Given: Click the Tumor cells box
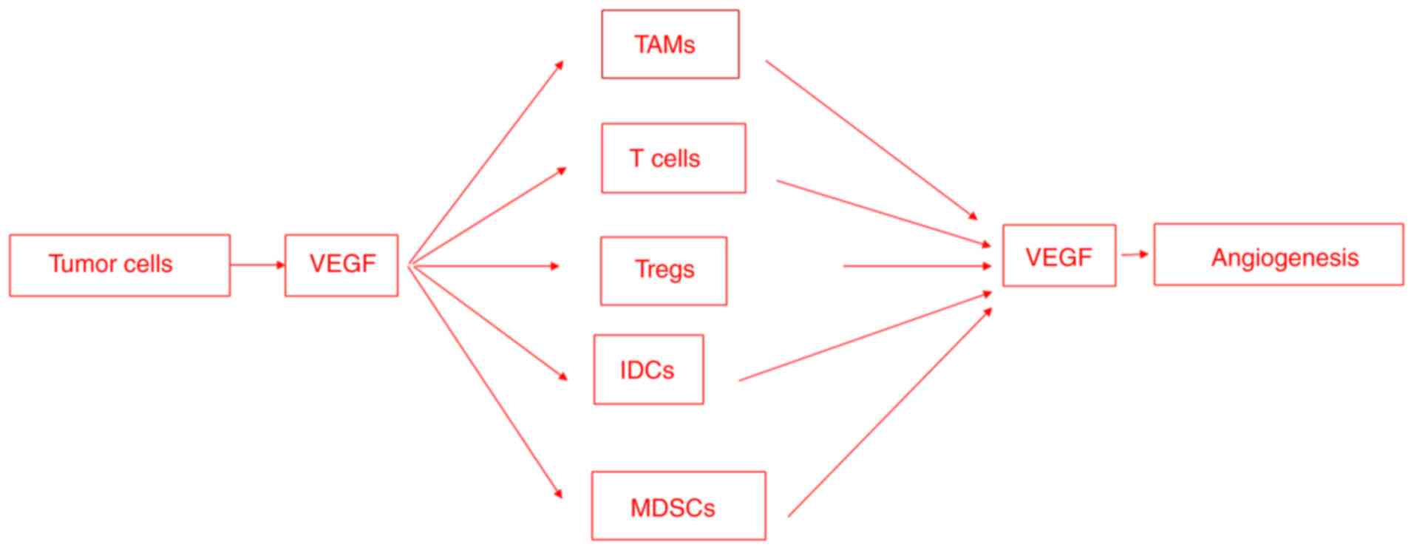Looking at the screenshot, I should pos(119,265).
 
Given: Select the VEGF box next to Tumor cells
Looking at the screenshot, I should pos(341,265).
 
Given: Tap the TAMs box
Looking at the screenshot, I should pos(670,44).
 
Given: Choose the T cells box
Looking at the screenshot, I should pos(673,158).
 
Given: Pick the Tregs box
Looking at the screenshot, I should pos(664,271).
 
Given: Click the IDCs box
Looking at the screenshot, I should pos(648,370).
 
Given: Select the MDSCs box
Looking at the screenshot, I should pos(678,506).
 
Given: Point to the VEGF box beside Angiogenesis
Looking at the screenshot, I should pos(1058,256).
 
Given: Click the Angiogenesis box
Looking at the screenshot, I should pos(1278,254).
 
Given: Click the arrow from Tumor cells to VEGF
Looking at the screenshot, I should pos(256,265).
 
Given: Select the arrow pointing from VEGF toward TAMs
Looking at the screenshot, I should pos(486,163).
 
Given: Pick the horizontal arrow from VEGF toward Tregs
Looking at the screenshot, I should pos(484,266).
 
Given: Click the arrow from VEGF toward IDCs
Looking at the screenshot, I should pos(488,322).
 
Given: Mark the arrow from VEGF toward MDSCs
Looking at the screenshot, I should pos(485,381).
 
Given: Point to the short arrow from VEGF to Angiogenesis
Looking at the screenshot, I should pos(1135,254).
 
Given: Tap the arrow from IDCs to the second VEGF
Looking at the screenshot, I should pos(865,337).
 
